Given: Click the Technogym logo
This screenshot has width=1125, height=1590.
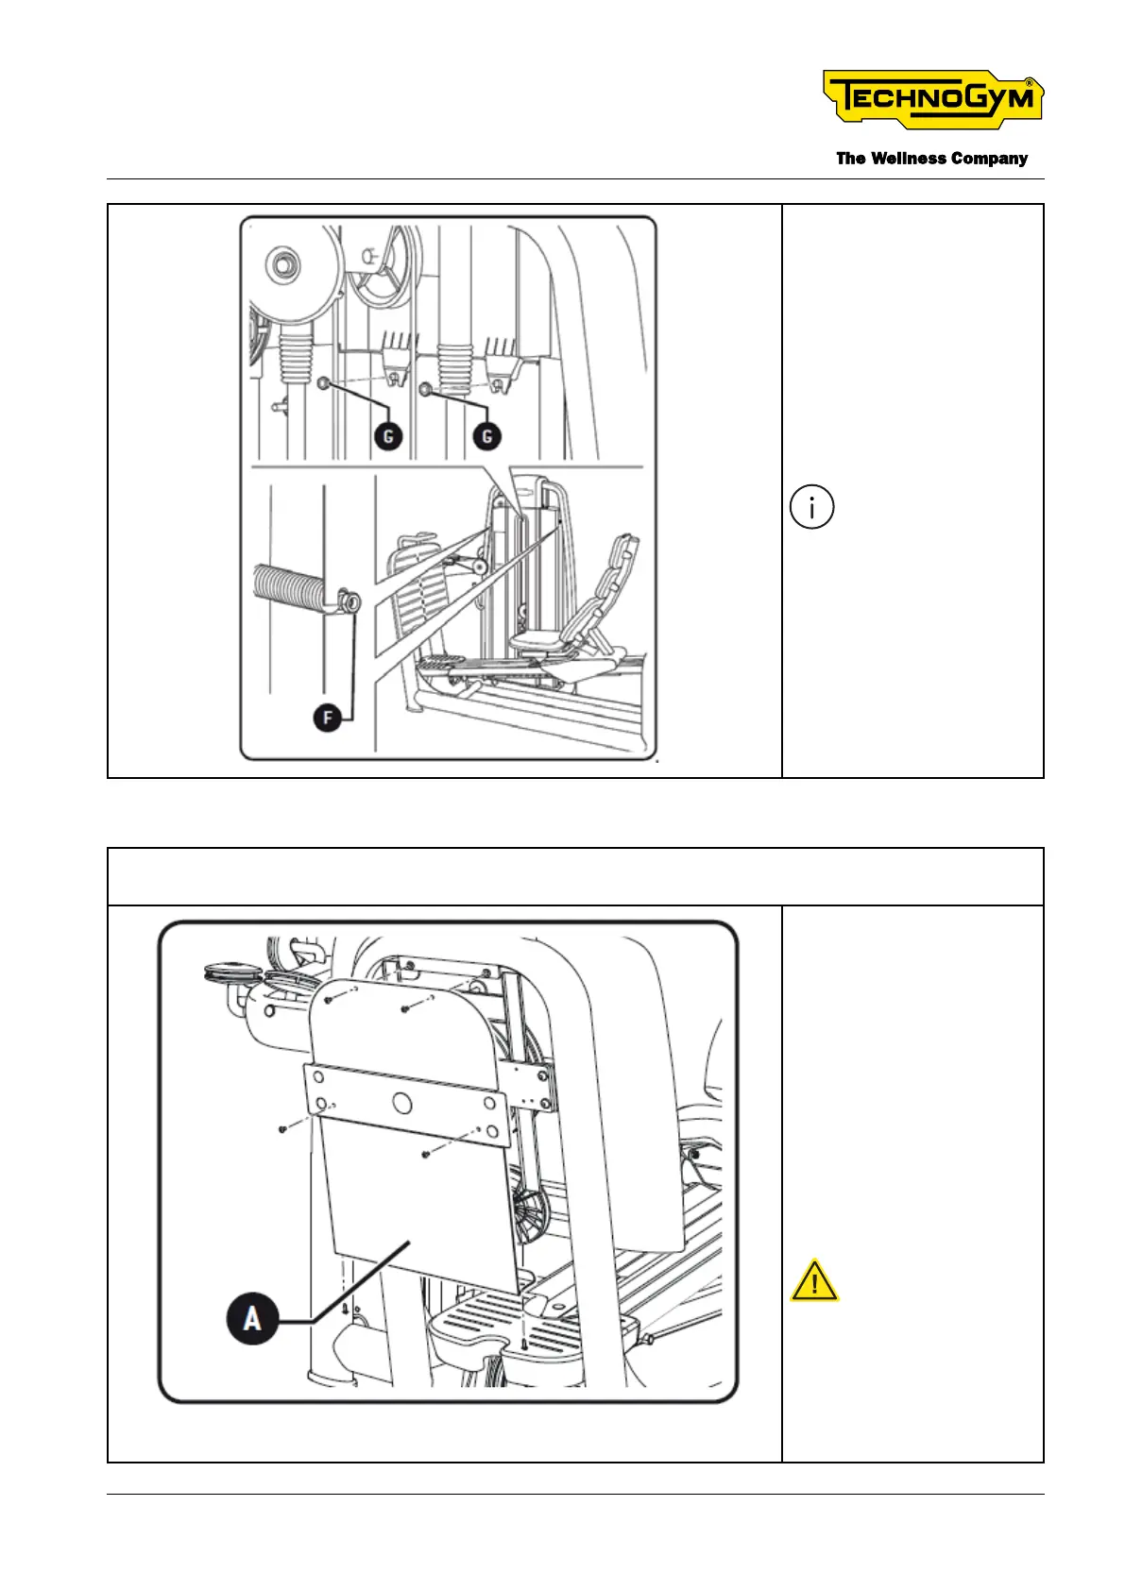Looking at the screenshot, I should [x=932, y=99].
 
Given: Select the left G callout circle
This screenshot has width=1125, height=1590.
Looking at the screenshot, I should [x=388, y=436].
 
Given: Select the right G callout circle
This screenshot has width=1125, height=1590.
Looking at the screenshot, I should [x=487, y=436].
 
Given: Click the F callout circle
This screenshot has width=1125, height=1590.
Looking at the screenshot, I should [x=327, y=719].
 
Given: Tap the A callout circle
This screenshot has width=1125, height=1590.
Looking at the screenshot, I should [x=252, y=1317].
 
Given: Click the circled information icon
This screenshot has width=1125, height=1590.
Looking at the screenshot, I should [x=811, y=507].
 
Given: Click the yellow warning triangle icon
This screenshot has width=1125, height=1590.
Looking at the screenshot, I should [x=813, y=1282].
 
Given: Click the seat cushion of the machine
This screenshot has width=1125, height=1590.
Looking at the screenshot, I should [x=539, y=642].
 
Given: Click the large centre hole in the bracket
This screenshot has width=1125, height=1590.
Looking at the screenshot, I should [x=401, y=1101].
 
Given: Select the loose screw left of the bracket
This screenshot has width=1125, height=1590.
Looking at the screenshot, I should [x=282, y=1129].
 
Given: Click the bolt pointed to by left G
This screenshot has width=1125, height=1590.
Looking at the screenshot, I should [x=324, y=383].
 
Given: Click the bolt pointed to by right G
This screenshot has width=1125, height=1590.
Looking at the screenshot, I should [x=424, y=387].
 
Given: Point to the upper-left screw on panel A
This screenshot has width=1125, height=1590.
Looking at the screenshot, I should [x=328, y=999].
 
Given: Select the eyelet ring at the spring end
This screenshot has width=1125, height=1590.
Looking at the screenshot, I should [x=350, y=600].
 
